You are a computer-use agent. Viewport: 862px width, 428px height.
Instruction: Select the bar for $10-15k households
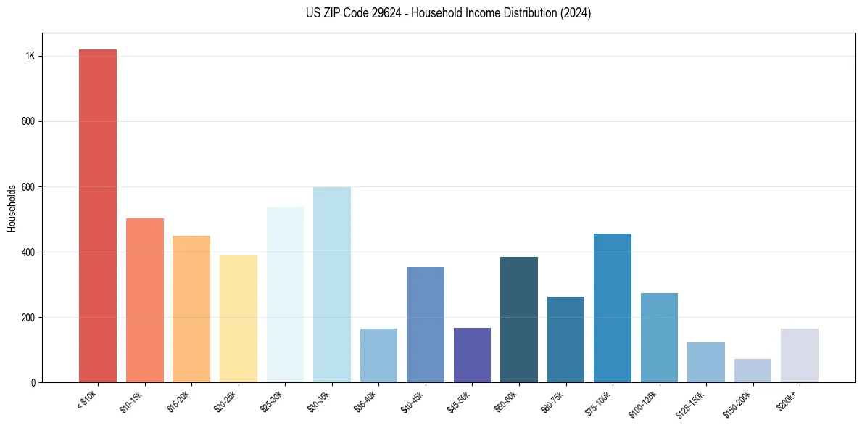pyautogui.click(x=144, y=300)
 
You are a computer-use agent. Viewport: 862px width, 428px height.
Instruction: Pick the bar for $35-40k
pyautogui.click(x=378, y=355)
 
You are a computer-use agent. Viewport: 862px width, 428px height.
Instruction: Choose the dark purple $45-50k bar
pyautogui.click(x=472, y=355)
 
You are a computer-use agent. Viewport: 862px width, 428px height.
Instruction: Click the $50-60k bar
pyautogui.click(x=519, y=319)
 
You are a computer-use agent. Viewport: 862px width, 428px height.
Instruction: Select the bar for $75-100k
pyautogui.click(x=613, y=308)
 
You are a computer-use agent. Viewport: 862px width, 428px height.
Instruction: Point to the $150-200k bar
pyautogui.click(x=753, y=370)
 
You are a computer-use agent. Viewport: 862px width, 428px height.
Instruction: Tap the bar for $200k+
pyautogui.click(x=800, y=355)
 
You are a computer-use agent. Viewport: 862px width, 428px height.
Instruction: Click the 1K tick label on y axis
pyautogui.click(x=30, y=57)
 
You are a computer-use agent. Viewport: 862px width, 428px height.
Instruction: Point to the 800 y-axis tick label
pyautogui.click(x=29, y=122)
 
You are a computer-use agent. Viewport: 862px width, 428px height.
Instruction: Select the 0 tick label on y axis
pyautogui.click(x=33, y=382)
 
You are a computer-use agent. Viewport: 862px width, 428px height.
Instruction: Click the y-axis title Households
pyautogui.click(x=12, y=208)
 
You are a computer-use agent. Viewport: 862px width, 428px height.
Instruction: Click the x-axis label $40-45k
pyautogui.click(x=413, y=401)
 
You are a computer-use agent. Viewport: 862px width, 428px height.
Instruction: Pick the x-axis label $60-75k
pyautogui.click(x=553, y=401)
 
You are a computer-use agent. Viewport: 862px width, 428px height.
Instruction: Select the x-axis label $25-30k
pyautogui.click(x=273, y=401)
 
